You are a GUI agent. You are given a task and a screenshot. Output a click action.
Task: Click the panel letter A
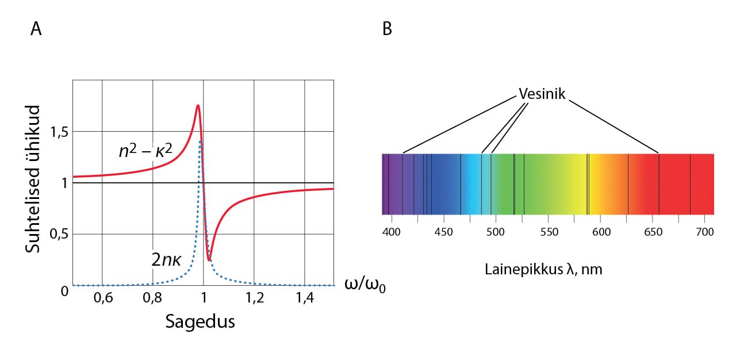click(36, 29)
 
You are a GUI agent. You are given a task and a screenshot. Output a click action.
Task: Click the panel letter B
click(387, 29)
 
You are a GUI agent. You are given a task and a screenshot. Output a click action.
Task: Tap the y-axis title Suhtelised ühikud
click(34, 178)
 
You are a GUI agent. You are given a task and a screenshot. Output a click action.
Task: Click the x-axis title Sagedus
click(200, 321)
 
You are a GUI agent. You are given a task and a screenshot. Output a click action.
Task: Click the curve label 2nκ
click(166, 259)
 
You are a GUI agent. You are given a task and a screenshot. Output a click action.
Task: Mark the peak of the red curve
click(198, 105)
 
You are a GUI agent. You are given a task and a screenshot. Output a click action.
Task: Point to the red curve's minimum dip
click(209, 259)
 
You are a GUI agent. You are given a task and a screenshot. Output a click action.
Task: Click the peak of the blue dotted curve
click(201, 141)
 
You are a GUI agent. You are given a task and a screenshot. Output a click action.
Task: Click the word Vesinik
click(542, 94)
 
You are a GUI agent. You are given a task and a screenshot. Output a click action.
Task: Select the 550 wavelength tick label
click(549, 232)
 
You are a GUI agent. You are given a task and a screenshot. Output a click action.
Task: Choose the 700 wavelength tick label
click(705, 232)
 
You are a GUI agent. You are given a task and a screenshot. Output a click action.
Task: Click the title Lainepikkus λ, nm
click(543, 269)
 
